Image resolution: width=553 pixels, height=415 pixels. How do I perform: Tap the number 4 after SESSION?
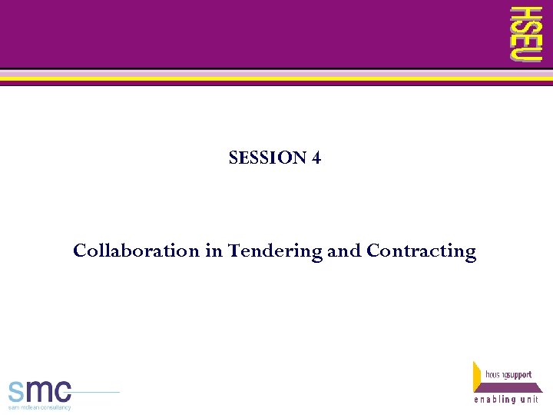click(x=316, y=158)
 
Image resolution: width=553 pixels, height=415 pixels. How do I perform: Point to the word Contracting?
click(x=421, y=251)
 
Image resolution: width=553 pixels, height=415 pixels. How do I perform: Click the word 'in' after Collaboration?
click(x=213, y=251)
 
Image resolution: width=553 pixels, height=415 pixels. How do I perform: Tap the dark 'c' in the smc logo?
click(x=62, y=390)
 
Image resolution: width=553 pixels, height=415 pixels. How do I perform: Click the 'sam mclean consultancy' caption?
click(x=39, y=407)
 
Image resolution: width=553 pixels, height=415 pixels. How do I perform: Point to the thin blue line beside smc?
click(x=96, y=392)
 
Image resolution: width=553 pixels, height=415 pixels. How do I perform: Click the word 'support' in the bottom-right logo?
click(x=518, y=375)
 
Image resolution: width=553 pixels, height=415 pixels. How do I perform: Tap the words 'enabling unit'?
click(x=506, y=400)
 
